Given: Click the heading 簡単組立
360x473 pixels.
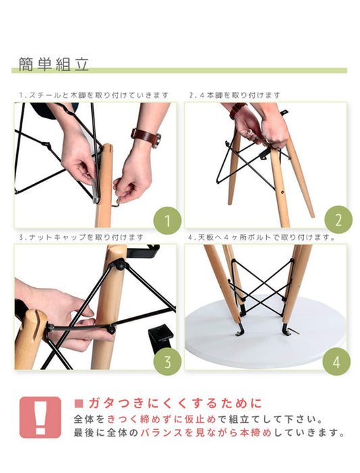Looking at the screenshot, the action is [53, 64].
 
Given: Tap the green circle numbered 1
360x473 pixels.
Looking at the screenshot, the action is [168, 220].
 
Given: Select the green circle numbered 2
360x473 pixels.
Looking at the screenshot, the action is [338, 220].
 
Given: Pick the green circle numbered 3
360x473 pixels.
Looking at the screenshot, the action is [168, 362].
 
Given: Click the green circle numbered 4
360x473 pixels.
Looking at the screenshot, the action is [336, 362].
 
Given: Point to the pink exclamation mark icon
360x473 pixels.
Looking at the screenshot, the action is [40, 417].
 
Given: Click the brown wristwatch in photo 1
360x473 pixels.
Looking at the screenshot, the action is [147, 137].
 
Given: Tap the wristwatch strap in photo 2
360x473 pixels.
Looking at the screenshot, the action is [237, 110].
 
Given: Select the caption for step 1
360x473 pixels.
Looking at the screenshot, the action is [94, 95].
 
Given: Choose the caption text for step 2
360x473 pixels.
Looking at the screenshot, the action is [235, 95].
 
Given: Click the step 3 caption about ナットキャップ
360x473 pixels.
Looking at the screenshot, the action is [81, 237].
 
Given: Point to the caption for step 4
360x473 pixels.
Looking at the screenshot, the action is [261, 237].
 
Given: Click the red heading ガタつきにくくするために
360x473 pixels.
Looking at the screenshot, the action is [176, 403].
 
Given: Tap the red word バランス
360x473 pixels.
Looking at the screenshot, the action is [161, 432].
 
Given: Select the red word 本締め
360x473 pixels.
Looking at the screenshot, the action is [256, 432].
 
